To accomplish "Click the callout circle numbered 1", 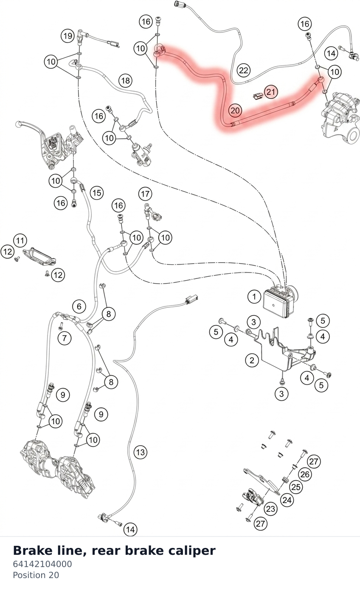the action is pos(254,297).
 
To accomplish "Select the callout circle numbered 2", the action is pos(252,360).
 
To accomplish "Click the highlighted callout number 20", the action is pos(235,110).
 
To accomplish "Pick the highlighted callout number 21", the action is pos(271,92).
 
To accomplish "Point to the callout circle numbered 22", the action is pos(244,70).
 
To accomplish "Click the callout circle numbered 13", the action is pos(141,452).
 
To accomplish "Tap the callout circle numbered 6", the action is pos(79,306).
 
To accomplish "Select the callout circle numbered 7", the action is pos(65,338).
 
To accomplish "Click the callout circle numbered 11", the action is pos(20,240).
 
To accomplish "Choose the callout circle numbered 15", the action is pos(97,193).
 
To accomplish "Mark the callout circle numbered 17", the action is pos(145,194).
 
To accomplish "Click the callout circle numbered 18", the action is pos(125,80).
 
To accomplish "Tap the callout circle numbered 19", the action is pos(67,35).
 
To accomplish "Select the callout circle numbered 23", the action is pos(270,509).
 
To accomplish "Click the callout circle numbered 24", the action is pos(287,500).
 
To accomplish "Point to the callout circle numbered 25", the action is pos(296,487).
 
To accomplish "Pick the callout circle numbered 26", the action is pos(305,475).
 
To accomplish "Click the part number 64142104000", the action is pos(42,564).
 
